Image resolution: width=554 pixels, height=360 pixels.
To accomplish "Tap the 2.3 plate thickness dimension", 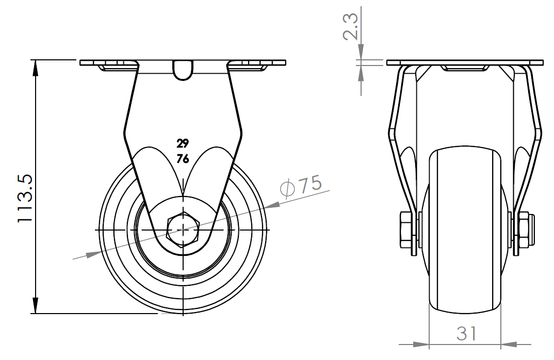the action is pyautogui.click(x=351, y=26).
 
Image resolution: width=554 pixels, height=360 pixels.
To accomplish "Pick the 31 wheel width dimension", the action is pyautogui.click(x=466, y=334).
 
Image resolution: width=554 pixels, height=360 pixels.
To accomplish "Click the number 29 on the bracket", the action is pyautogui.click(x=183, y=143).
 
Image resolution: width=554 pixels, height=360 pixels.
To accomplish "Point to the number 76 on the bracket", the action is pyautogui.click(x=183, y=159).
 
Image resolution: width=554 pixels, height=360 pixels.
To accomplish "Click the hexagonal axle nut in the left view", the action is pyautogui.click(x=183, y=230).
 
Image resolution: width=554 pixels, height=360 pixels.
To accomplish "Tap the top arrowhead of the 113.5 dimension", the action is pyautogui.click(x=35, y=68).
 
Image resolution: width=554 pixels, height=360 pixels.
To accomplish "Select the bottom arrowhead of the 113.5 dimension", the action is pyautogui.click(x=35, y=306).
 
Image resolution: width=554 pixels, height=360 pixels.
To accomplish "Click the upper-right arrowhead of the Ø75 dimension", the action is pyautogui.click(x=272, y=205).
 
